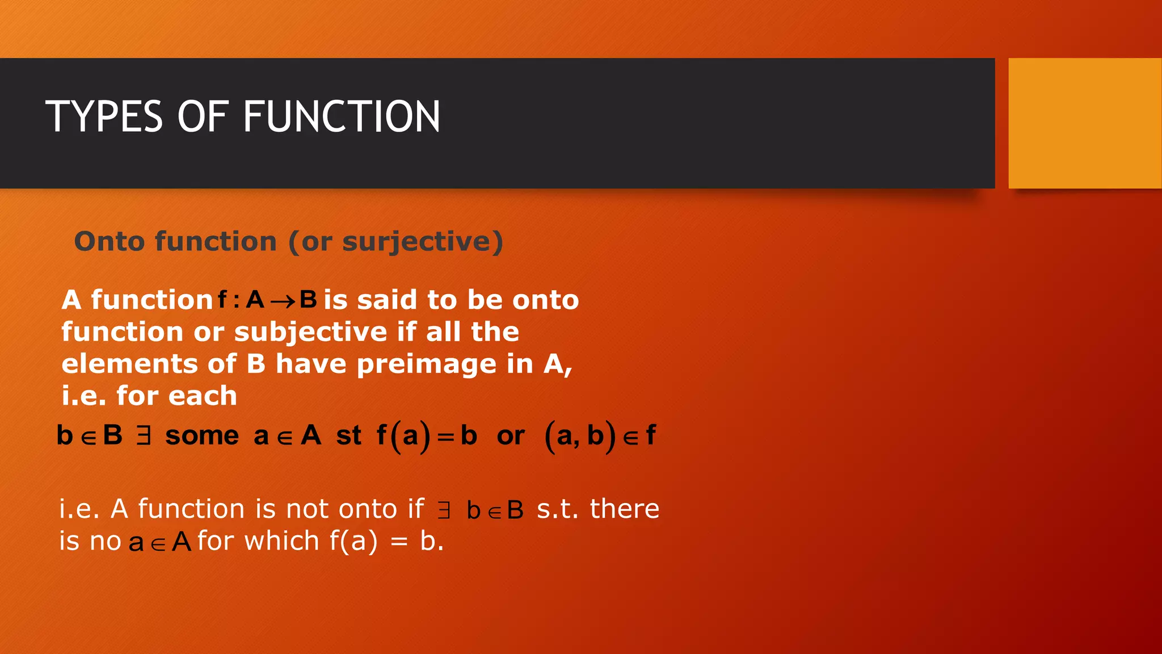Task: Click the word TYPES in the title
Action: click(104, 116)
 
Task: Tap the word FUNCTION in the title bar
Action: click(342, 116)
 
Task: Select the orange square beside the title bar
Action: click(1085, 123)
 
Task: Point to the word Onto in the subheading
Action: click(110, 241)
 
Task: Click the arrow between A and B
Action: click(283, 301)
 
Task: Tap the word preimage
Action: click(427, 364)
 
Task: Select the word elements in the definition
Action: click(129, 364)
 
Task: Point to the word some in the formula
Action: click(202, 436)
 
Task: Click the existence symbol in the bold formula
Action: click(144, 435)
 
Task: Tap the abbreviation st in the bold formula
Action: click(348, 436)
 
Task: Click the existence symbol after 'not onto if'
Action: click(444, 510)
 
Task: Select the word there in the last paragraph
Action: click(624, 509)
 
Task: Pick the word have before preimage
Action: click(311, 364)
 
